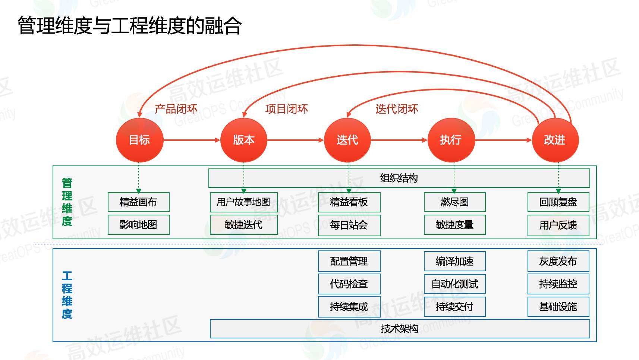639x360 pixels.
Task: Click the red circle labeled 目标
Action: coord(139,140)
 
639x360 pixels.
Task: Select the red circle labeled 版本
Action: coord(243,140)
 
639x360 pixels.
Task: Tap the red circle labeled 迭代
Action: coord(347,140)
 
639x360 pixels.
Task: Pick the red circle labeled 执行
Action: coord(451,140)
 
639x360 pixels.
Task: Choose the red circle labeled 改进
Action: coord(555,140)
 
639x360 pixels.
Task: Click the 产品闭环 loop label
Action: coord(176,109)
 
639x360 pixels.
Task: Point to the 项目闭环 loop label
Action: coord(286,109)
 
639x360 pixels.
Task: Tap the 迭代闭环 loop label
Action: coord(397,109)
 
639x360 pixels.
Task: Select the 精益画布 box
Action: coord(138,202)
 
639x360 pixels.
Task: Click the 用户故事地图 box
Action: coord(243,202)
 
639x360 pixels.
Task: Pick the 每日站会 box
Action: coord(349,225)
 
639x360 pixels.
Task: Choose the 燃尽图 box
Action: coord(454,202)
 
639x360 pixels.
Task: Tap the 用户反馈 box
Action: coord(558,225)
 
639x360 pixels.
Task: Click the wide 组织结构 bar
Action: coord(399,178)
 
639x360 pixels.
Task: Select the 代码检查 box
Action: coord(349,284)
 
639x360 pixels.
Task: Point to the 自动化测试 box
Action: coord(454,284)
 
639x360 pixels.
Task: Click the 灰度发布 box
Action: coord(558,261)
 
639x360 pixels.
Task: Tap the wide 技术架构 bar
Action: coord(400,329)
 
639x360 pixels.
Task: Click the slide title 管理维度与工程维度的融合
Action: coord(130,26)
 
